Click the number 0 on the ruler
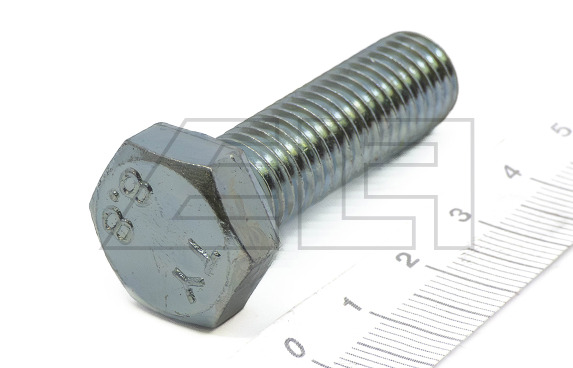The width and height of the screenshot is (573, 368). (295, 346)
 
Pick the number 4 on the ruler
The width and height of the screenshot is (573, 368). (514, 170)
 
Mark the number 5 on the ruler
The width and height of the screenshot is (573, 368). (564, 129)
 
